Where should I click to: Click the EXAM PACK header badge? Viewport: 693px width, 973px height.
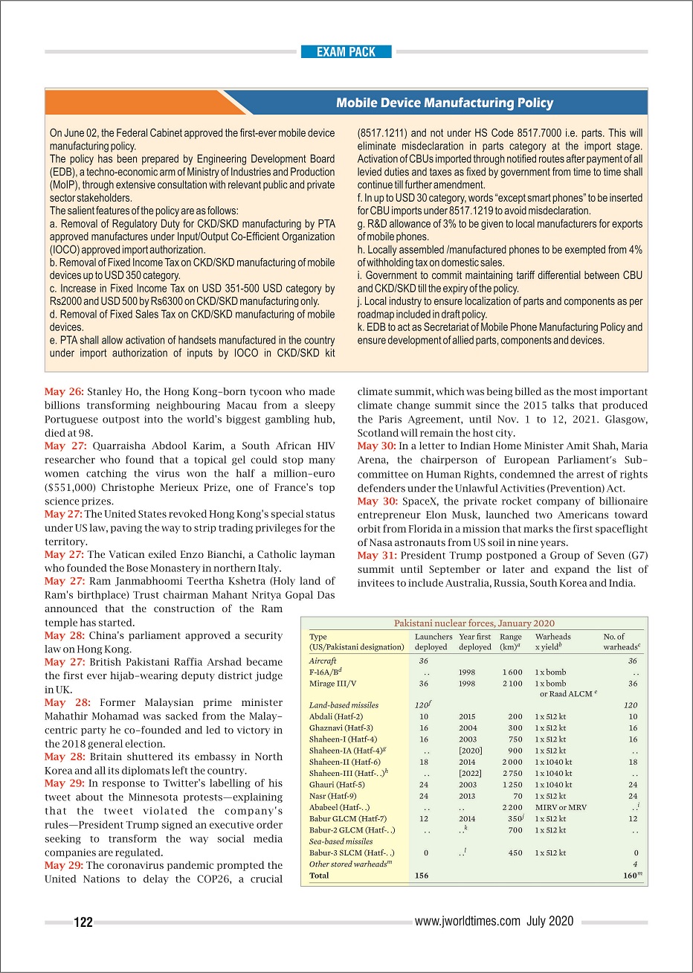(x=346, y=52)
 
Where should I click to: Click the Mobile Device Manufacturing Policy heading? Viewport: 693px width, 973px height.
(x=444, y=103)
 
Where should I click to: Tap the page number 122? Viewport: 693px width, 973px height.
(x=83, y=922)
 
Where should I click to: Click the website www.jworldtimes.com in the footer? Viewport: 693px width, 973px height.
(x=467, y=921)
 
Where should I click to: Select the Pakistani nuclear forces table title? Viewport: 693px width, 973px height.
(x=474, y=623)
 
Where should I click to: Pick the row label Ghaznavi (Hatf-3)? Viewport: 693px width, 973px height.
(x=341, y=728)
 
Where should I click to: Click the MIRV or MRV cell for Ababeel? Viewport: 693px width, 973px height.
(x=561, y=807)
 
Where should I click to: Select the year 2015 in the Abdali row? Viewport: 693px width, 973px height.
(x=467, y=716)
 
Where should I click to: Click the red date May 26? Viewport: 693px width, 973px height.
(x=64, y=392)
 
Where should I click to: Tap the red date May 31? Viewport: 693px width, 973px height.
(x=376, y=556)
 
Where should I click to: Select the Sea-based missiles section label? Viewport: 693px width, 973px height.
(x=341, y=841)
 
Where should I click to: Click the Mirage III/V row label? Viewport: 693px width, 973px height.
(x=332, y=683)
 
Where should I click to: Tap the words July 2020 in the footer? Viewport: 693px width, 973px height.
(x=550, y=921)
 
